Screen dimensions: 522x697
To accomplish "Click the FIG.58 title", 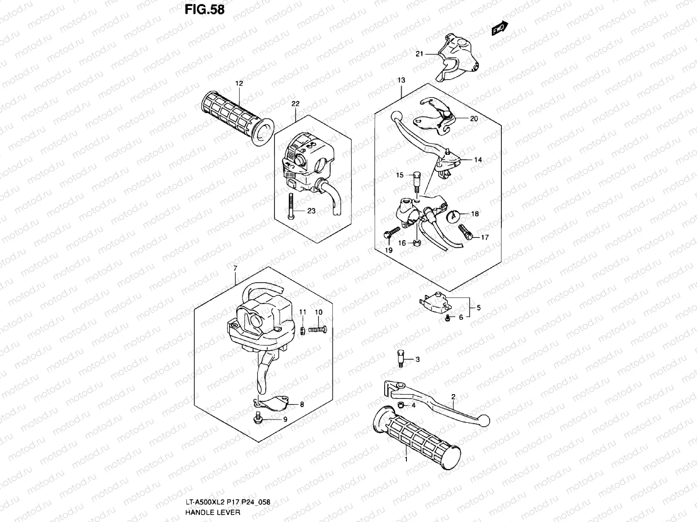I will pos(204,9).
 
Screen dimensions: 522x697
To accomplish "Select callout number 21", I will pos(419,54).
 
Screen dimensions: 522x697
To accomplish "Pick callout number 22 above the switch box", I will pos(295,104).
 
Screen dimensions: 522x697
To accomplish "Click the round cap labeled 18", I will pos(453,214).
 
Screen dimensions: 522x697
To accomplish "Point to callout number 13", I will pos(401,80).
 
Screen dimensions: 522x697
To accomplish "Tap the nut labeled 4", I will pos(401,406).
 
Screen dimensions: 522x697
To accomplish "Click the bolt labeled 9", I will pos(258,419).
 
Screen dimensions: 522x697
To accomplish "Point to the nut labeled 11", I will pos(302,331).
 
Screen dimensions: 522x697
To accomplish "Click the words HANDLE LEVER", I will pos(213,512).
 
